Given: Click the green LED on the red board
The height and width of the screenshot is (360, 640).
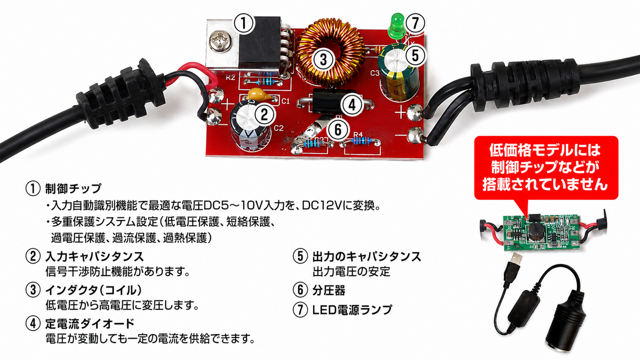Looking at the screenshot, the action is pos(395,25).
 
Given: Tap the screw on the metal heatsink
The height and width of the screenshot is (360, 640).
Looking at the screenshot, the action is pos(219,42).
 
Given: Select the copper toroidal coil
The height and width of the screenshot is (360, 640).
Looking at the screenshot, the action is pos(330,53).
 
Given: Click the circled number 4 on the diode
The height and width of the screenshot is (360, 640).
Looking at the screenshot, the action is pos(352,105).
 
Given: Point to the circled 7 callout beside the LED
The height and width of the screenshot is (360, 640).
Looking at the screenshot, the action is pos(415,23).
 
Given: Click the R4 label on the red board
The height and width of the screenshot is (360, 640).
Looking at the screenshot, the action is pos(358,134).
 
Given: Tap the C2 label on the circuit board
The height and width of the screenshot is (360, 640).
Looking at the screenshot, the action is pos(278,128).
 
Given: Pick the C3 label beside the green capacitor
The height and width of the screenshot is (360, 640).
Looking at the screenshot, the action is pos(374,73).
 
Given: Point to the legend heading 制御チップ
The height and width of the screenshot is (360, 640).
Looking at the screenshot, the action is pos(73,188).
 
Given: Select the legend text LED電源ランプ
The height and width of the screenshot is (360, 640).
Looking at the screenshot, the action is pos(352,309).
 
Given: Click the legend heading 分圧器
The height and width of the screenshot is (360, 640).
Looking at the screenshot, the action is pos(328,290).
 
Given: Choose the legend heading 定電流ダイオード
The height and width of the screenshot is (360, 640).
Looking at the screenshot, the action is pos(89,323).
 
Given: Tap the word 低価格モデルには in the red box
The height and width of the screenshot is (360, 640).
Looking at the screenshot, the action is pos(545,150).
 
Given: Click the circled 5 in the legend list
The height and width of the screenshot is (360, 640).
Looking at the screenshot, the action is pos(300,256).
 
